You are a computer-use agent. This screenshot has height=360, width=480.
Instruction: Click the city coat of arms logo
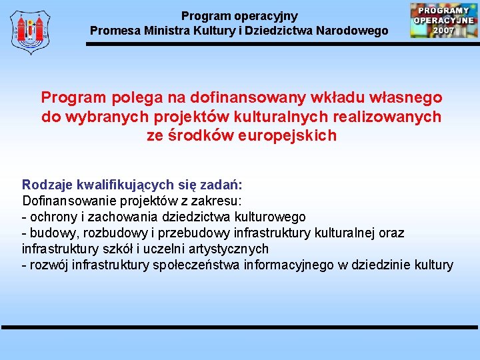tap(31, 31)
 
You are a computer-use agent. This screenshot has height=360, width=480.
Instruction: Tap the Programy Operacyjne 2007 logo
tap(443, 20)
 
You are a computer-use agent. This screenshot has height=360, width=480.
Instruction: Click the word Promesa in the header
tap(114, 31)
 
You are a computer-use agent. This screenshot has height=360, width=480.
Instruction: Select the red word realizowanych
tap(387, 117)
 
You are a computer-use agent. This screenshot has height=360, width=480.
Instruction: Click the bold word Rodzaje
tap(47, 185)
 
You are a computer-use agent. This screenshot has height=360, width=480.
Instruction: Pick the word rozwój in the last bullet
tap(47, 265)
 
